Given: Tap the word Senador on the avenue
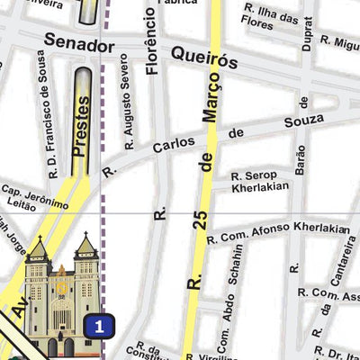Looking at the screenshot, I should (79, 44).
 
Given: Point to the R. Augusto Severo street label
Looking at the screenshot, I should (130, 113).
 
